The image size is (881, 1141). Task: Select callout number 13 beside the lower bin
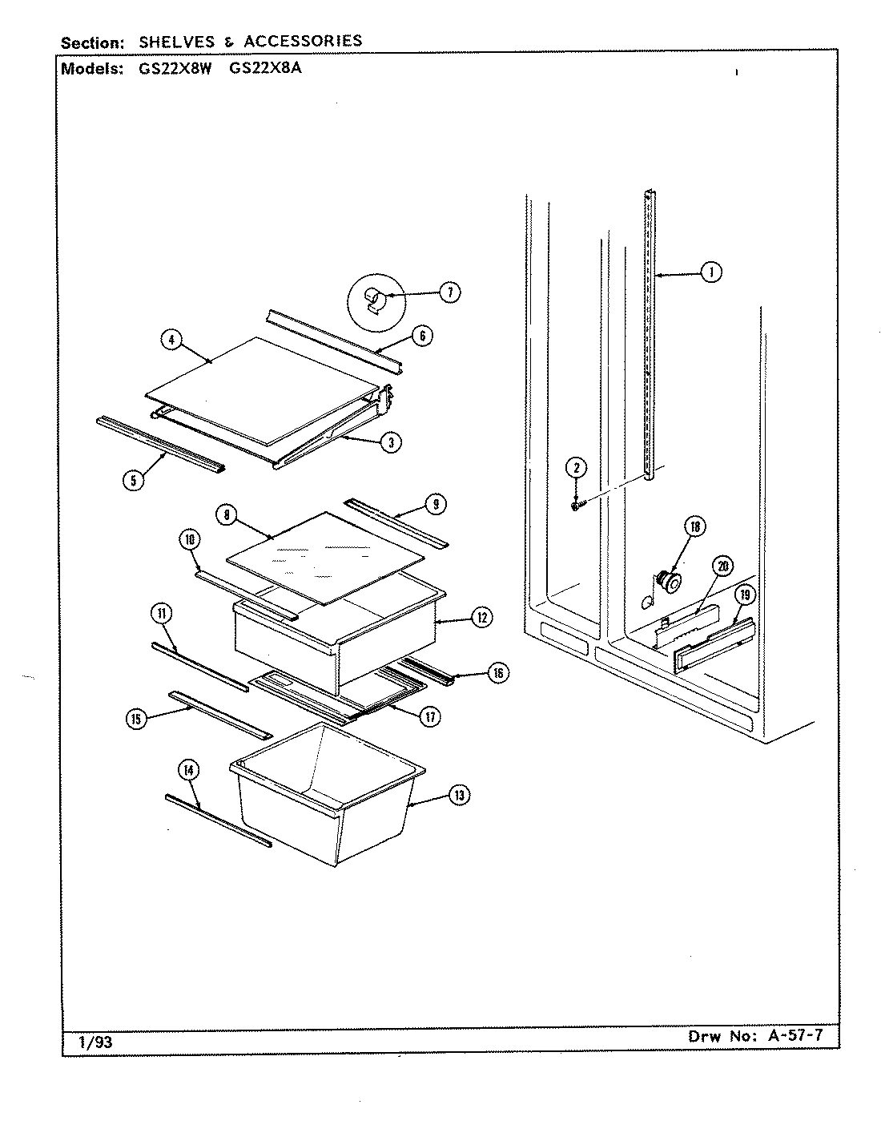tap(458, 795)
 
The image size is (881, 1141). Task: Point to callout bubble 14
tap(188, 772)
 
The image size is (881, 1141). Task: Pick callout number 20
tap(722, 566)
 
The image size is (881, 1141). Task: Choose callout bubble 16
tap(497, 673)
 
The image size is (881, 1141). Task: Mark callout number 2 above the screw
tap(575, 468)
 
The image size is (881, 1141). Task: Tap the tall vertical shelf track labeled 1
tap(650, 337)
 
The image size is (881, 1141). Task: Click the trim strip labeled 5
tap(160, 443)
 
